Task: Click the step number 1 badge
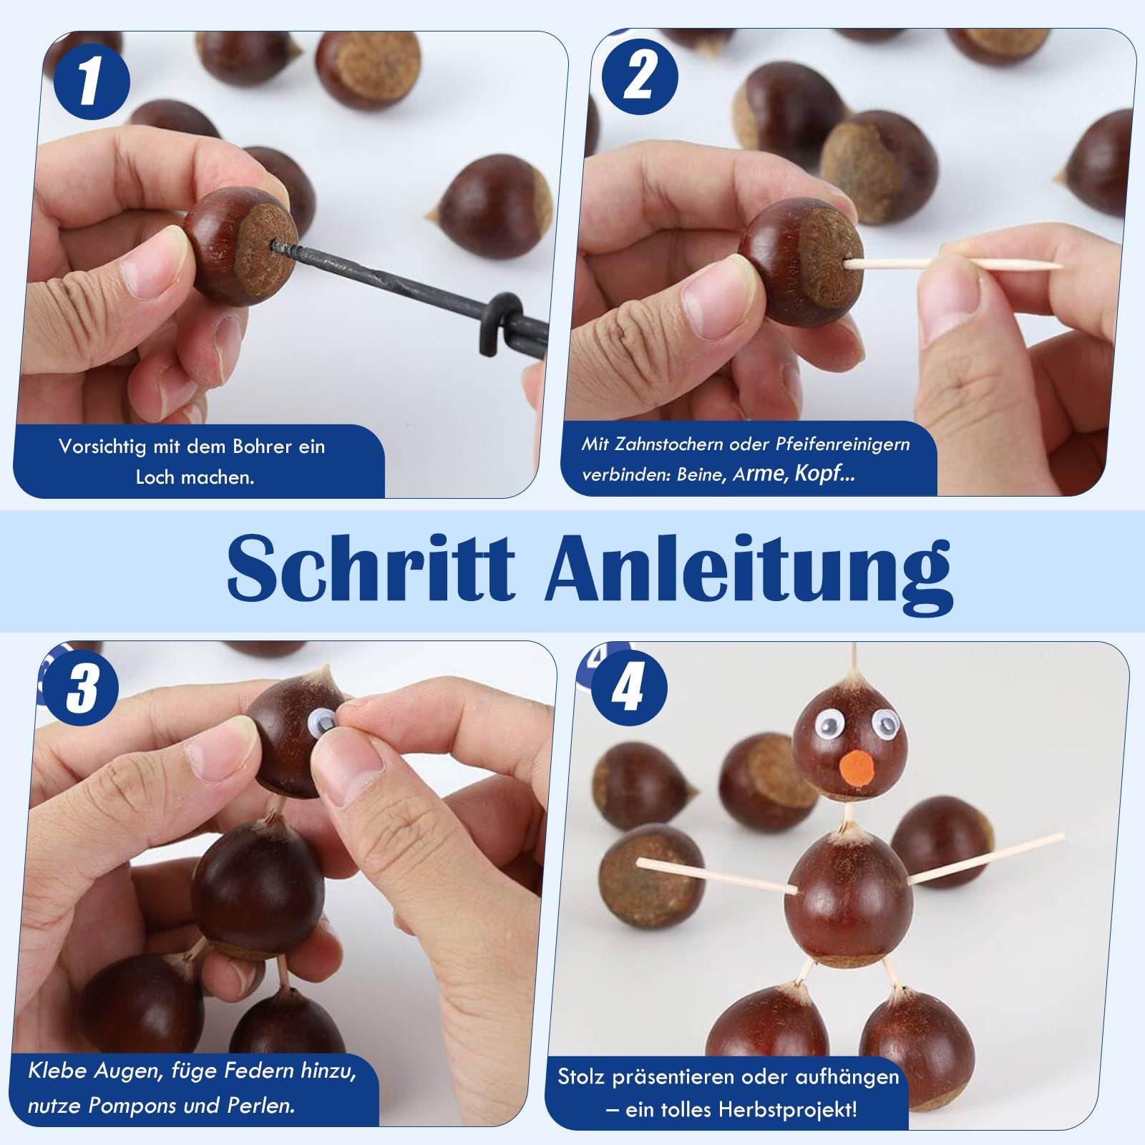coord(91,82)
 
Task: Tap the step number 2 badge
coord(639,77)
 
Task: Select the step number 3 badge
coord(81,687)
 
